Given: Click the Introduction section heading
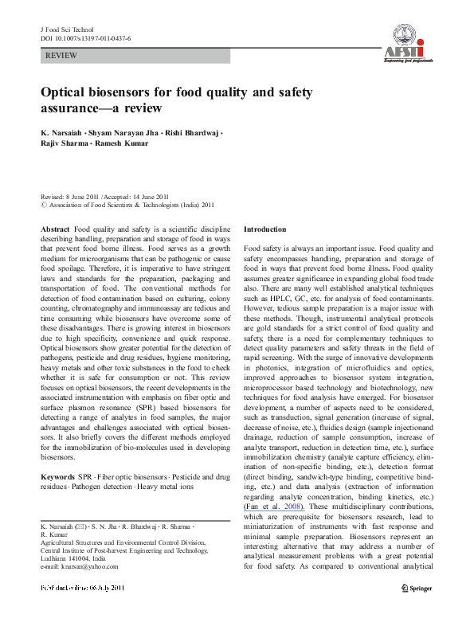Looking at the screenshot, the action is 270,229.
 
